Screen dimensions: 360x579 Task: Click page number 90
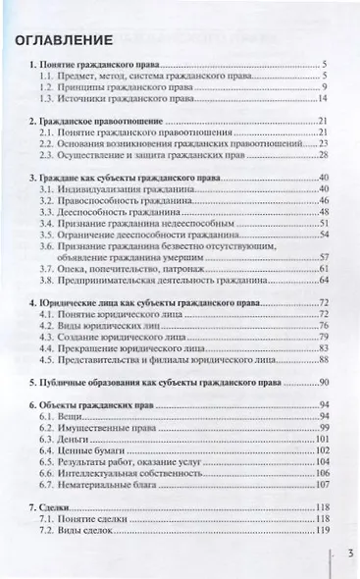coord(320,383)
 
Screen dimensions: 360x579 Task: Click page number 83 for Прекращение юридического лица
coord(320,347)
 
